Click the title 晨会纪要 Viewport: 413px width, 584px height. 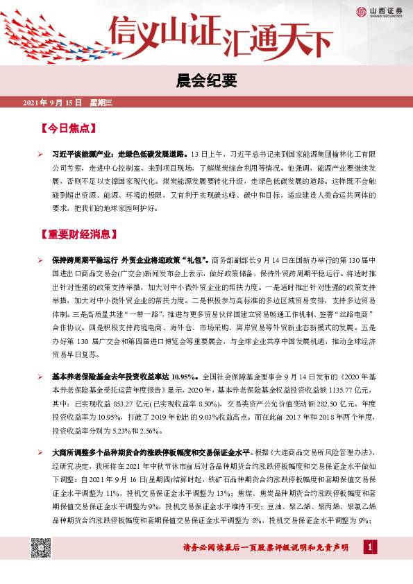206,81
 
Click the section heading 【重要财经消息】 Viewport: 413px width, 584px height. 81,233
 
